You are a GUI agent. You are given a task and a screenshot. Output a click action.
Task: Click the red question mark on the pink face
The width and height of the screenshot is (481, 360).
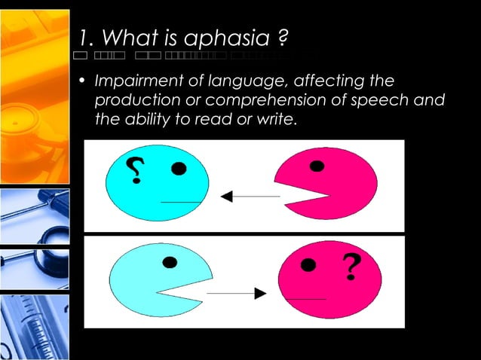[x=350, y=267]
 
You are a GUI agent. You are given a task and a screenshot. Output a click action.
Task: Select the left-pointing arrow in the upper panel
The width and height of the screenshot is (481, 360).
[x=250, y=197]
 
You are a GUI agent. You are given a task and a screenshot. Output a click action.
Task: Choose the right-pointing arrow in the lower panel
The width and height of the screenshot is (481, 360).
[x=237, y=294]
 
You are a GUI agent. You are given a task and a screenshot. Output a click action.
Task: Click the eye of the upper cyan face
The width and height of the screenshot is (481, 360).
[x=179, y=169]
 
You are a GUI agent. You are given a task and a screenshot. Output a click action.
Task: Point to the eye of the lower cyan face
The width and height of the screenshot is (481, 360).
[x=170, y=263]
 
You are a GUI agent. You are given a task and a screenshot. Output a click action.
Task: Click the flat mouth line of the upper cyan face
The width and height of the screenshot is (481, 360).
[x=181, y=202]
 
